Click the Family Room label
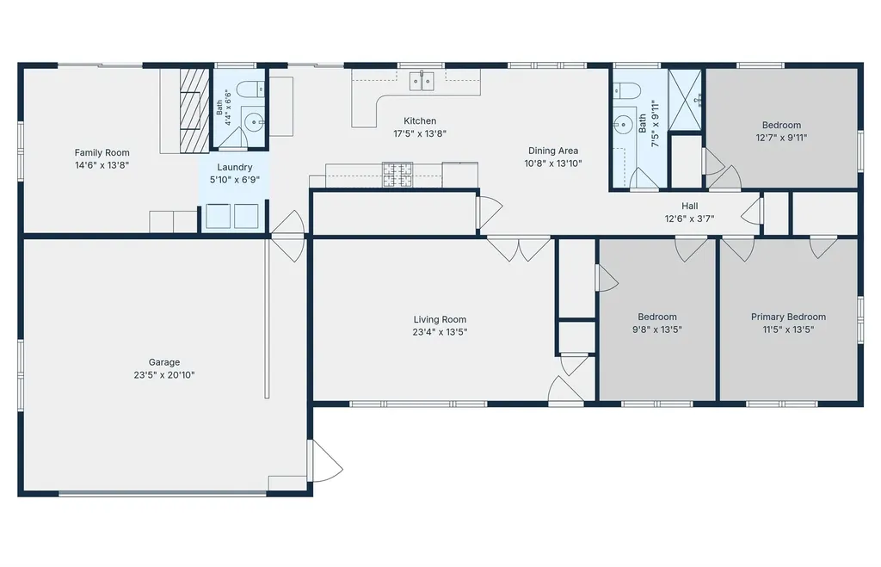tap(102, 152)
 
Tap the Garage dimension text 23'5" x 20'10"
tap(164, 375)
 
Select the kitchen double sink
tap(421, 81)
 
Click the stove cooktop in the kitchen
tap(397, 174)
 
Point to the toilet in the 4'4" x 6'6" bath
tap(250, 89)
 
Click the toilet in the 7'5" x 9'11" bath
tap(626, 90)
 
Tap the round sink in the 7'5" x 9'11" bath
tap(623, 125)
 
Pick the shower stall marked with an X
tap(685, 100)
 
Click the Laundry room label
tap(234, 167)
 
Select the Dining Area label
tap(553, 151)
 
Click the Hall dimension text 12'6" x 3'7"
tap(689, 219)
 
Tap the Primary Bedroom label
tap(788, 317)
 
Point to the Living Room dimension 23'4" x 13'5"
tap(440, 332)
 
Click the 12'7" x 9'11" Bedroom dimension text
tap(781, 138)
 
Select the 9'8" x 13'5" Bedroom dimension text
tap(656, 330)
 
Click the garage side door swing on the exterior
tap(325, 461)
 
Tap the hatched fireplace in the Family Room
tap(194, 111)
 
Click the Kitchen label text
tap(420, 120)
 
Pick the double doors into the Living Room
tap(519, 250)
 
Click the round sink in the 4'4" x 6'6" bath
tap(256, 120)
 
